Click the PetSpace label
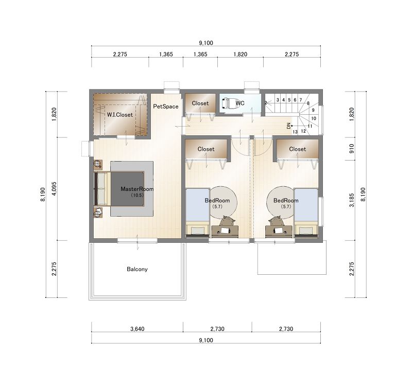point(165,107)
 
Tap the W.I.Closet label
point(120,115)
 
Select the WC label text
point(240,103)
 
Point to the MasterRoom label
point(137,189)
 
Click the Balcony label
point(137,269)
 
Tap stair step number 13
point(295,132)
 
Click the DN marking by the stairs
point(289,126)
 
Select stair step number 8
point(308,103)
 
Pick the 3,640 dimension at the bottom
point(138,329)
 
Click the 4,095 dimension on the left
point(55,189)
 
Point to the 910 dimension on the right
point(352,149)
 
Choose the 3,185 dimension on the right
point(352,200)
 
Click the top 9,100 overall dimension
point(206,43)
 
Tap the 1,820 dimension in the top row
point(241,55)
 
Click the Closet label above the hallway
point(200,103)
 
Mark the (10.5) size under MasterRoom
point(137,196)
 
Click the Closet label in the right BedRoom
point(298,149)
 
